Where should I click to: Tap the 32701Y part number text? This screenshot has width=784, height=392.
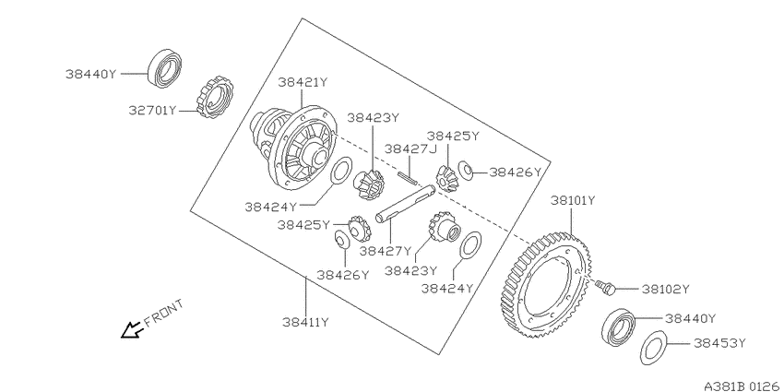[152, 111]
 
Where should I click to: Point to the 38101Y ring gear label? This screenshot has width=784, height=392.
[573, 200]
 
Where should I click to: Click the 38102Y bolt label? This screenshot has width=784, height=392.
[666, 289]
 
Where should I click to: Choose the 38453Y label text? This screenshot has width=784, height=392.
[719, 343]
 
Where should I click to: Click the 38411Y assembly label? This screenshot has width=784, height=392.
[305, 322]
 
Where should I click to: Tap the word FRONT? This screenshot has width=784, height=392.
[164, 313]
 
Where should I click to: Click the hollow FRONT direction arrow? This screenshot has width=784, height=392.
[132, 330]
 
